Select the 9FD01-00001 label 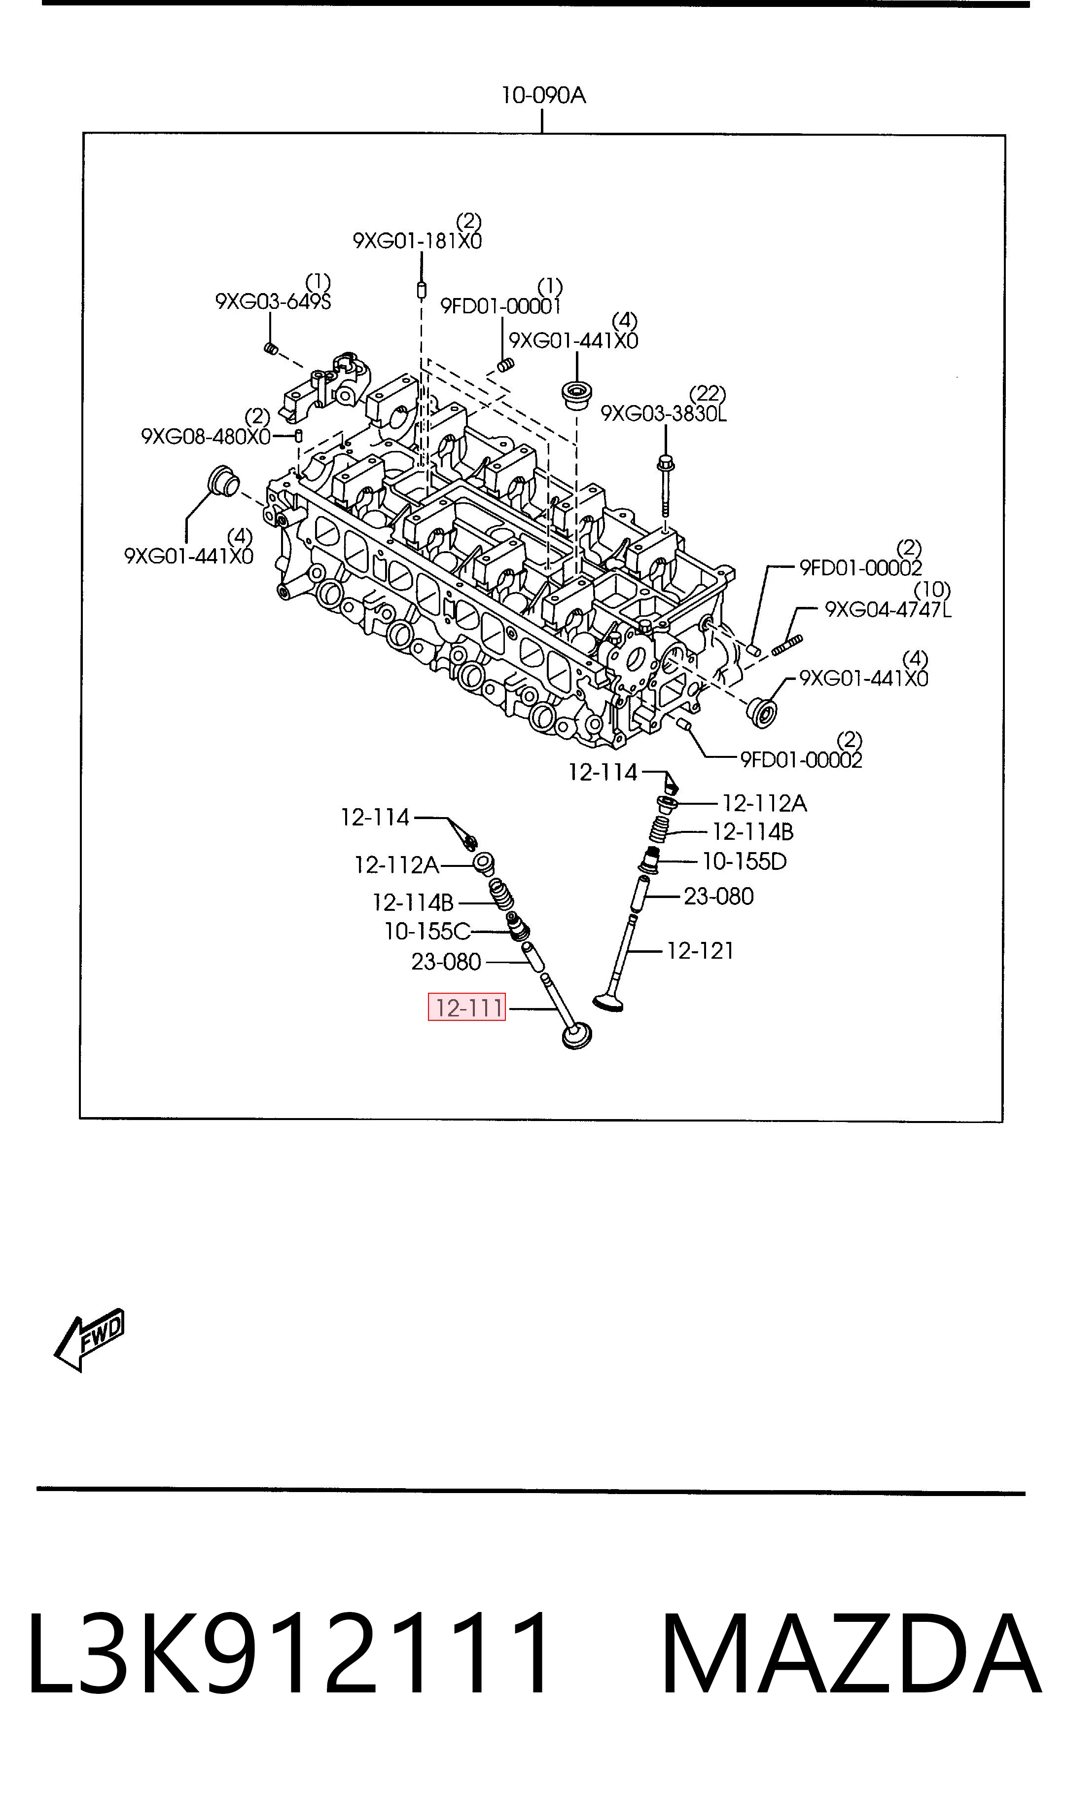pos(501,306)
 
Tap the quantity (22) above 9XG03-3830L pos(708,393)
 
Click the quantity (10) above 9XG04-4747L pos(932,590)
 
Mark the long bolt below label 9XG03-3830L pos(665,486)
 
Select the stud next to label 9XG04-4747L pos(787,644)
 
